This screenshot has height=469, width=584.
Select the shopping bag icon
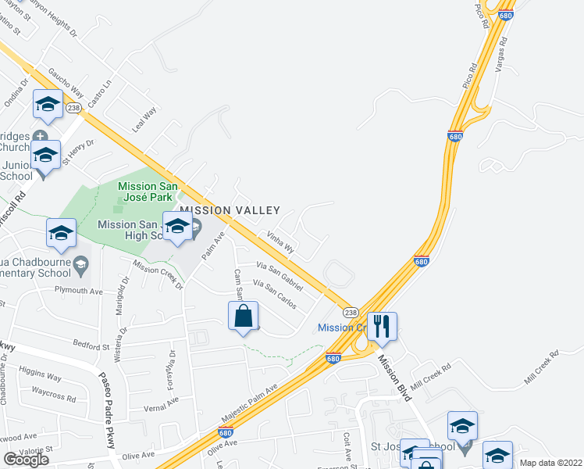pos(243,317)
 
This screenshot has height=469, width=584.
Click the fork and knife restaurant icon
pos(381,325)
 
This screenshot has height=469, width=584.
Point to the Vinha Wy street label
pos(280,242)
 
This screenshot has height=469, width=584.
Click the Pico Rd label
pos(481,15)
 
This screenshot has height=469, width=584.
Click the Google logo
pos(26,459)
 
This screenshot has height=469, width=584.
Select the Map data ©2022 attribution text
pos(551,463)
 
